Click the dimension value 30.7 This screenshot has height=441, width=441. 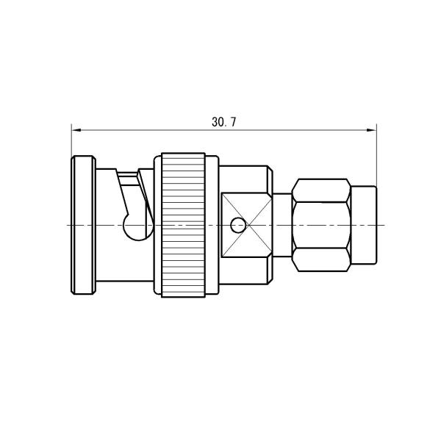(x=224, y=123)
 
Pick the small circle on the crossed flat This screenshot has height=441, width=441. (x=237, y=224)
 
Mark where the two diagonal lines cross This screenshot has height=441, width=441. (x=247, y=224)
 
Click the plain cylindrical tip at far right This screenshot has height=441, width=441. (x=364, y=224)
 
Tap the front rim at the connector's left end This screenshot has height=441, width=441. (x=82, y=224)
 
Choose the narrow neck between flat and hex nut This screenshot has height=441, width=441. (x=282, y=224)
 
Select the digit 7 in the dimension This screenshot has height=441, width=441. (x=233, y=123)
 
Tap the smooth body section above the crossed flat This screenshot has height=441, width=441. (x=246, y=179)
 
